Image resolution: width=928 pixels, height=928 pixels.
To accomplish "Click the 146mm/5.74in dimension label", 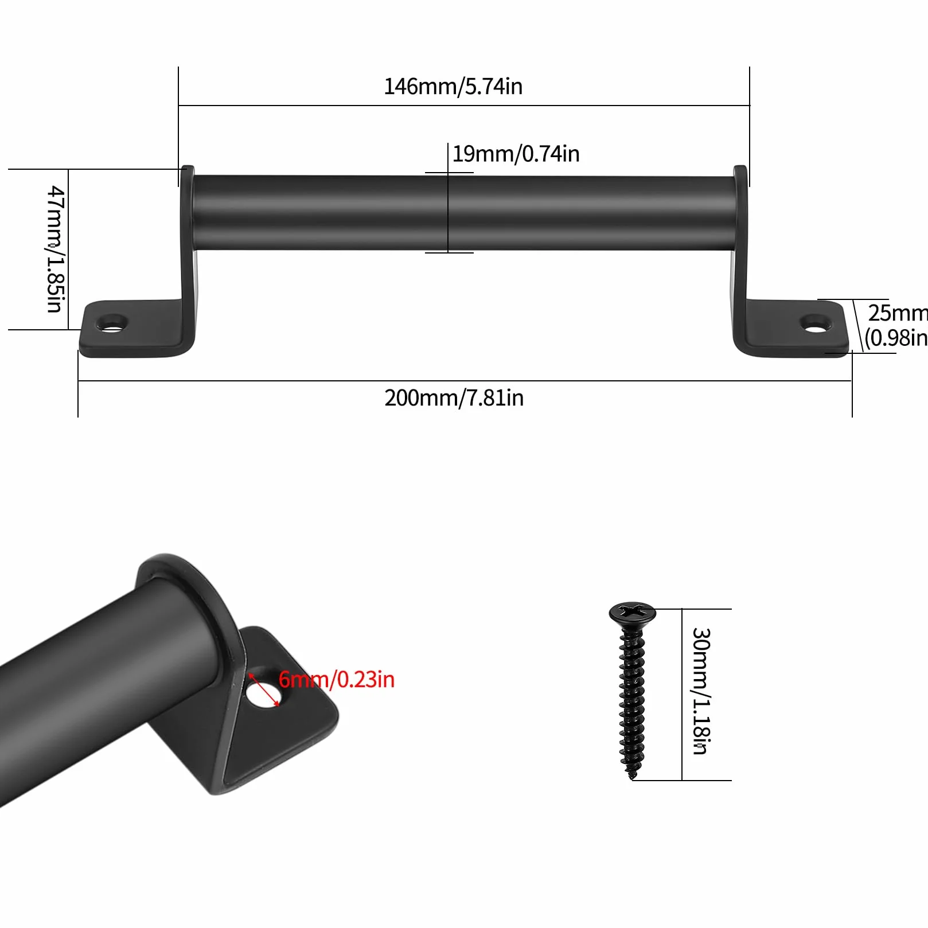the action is point(453,87).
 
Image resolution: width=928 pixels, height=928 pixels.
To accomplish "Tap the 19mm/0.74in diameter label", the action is point(516,154).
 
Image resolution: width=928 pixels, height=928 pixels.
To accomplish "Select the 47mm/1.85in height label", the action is point(55,249).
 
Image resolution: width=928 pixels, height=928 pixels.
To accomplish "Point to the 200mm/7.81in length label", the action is point(454,398).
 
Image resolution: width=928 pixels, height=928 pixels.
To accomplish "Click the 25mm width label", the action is point(898,313).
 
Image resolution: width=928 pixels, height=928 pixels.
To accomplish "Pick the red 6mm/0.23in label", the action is point(337,680).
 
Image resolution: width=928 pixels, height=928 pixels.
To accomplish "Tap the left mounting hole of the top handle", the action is point(112,323).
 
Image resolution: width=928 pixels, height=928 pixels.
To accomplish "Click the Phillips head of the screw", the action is point(633,613).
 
